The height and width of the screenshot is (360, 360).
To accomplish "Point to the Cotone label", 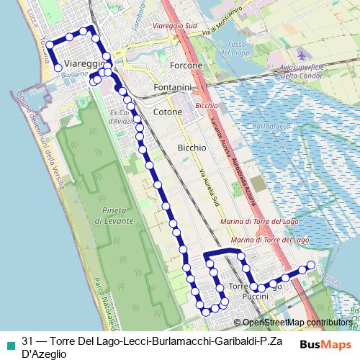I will (168, 112).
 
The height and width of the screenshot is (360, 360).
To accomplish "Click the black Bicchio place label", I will (192, 147).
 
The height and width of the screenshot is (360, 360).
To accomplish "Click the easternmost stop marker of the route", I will (311, 265).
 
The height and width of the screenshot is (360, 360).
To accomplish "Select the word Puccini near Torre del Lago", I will (255, 297).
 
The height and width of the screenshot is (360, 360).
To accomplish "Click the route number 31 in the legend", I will (27, 342).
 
